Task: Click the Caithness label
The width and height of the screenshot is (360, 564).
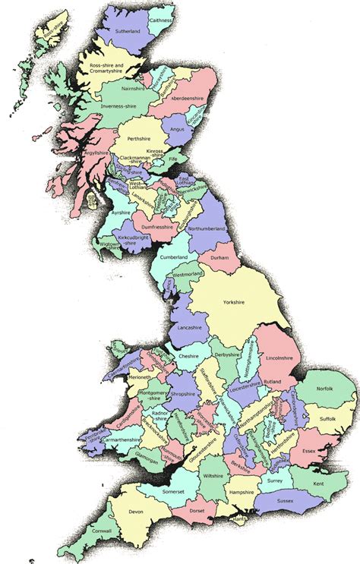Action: [161, 24]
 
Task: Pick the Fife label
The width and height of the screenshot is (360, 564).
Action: [173, 160]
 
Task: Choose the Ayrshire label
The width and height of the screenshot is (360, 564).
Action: [122, 215]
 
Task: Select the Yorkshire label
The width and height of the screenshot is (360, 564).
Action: [234, 302]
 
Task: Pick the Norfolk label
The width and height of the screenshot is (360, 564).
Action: [325, 389]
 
